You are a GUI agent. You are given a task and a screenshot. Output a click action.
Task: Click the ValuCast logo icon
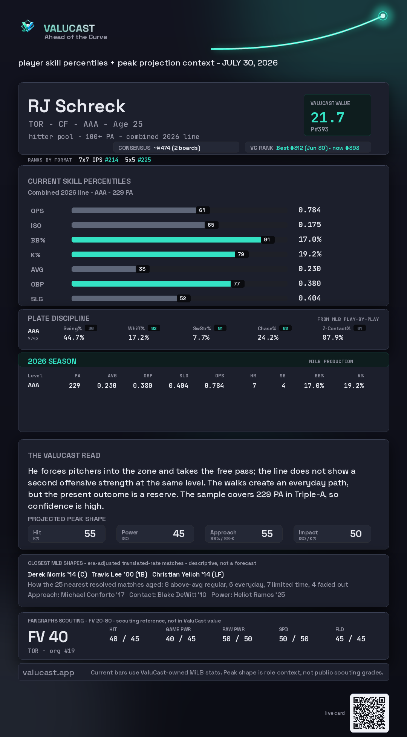pos(28,26)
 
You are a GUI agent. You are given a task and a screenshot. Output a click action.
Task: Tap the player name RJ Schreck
pos(77,106)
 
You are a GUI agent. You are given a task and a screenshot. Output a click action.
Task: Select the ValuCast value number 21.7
pos(327,117)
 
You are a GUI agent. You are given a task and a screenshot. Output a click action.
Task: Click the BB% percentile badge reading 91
pos(267,240)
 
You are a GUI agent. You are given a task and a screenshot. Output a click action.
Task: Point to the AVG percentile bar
pos(104,269)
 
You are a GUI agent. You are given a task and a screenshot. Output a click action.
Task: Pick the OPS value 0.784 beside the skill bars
pos(309,210)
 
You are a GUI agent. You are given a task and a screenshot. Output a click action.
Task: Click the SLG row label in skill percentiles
pos(37,299)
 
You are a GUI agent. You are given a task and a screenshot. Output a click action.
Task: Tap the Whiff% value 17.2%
pos(139,337)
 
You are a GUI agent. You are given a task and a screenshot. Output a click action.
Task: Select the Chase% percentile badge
pos(285,328)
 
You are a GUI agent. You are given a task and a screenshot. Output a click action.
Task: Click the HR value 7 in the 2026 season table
pos(254,386)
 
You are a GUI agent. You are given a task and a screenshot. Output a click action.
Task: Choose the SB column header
pos(283,376)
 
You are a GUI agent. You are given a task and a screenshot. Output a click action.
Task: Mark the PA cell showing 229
pos(75,386)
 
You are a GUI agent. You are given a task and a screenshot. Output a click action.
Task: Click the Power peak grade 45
pos(179,534)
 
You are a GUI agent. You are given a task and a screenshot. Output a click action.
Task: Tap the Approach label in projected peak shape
pos(223,533)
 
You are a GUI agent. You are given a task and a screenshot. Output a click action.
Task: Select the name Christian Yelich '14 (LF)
pos(188,574)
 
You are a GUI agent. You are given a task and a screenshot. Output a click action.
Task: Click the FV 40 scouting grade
pos(48,637)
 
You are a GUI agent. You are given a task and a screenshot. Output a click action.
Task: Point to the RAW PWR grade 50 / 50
pos(237,639)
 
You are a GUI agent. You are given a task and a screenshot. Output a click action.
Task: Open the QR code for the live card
pos(369,713)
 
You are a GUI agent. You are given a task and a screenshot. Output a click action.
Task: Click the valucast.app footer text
pos(48,673)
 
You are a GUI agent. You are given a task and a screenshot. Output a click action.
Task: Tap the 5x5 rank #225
pos(144,160)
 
